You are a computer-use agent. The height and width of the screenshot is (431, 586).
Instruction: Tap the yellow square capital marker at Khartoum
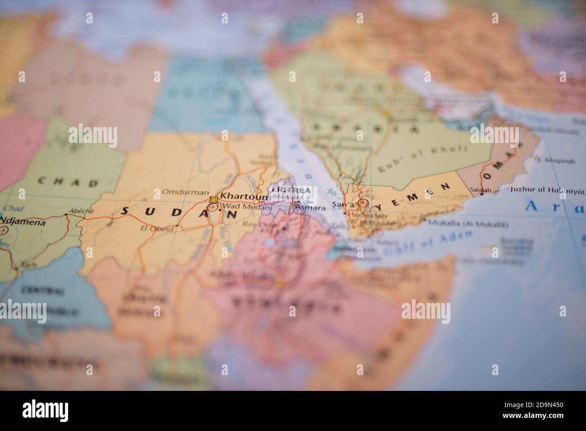coord(214,200)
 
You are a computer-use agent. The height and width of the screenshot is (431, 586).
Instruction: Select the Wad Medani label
coord(242,207)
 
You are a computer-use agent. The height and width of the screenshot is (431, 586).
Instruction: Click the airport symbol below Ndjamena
coord(5,231)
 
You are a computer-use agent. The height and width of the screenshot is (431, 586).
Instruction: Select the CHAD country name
coord(68,183)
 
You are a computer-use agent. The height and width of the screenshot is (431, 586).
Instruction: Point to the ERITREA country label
coord(290,190)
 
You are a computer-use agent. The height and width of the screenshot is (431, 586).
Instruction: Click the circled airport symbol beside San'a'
coord(363,204)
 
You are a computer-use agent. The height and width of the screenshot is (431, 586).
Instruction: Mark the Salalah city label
coord(480,190)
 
